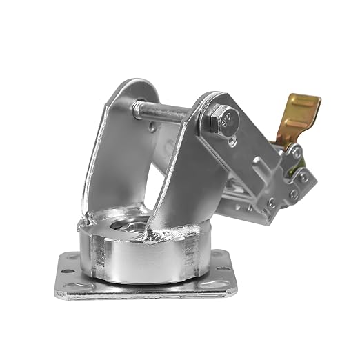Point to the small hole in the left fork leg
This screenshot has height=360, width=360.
(x=152, y=127)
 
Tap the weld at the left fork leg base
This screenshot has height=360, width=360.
(x=90, y=219)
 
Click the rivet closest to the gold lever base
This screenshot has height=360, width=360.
(x=294, y=151)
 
